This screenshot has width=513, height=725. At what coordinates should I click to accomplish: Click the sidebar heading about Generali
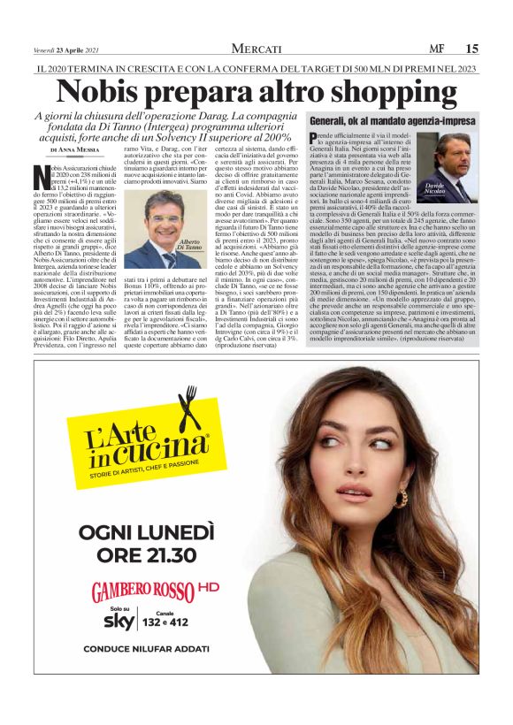coord(392,119)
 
